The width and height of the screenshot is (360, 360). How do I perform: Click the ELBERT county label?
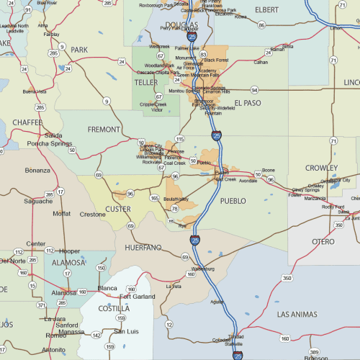click(x=266, y=9)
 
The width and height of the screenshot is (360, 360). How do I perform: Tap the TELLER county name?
click(x=146, y=83)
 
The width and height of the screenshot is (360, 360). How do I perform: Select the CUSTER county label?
click(x=118, y=210)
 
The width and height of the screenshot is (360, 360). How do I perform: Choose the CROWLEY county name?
click(x=320, y=168)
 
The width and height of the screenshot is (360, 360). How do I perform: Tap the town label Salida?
click(x=53, y=135)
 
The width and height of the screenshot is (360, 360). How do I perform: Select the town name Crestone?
click(x=92, y=214)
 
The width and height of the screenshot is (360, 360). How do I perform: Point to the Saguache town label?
click(x=38, y=202)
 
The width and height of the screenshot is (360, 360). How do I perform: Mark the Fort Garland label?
click(x=138, y=296)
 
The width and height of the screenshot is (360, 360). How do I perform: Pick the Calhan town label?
click(x=261, y=62)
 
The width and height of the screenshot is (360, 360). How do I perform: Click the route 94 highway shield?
click(x=254, y=90)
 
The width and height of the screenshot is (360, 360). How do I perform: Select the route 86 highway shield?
click(x=261, y=25)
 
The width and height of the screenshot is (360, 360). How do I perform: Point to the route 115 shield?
click(x=179, y=138)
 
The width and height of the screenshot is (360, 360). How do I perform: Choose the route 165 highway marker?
click(x=155, y=197)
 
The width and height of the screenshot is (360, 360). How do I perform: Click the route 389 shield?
click(x=314, y=351)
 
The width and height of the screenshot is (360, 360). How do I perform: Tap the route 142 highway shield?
click(x=96, y=335)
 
